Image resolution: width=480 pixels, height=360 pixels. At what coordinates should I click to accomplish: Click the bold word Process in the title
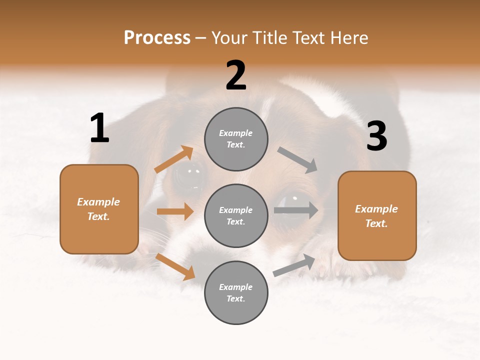(157, 37)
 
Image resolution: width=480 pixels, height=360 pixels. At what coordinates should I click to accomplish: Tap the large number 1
(99, 128)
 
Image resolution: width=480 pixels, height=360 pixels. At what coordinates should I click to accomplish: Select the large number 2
(236, 75)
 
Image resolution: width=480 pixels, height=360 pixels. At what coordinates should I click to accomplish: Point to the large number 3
(376, 136)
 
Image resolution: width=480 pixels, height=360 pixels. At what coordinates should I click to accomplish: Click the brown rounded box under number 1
(99, 209)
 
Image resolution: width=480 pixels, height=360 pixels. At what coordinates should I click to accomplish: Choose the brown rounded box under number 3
(377, 216)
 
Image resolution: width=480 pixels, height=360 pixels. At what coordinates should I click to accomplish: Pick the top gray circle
(236, 139)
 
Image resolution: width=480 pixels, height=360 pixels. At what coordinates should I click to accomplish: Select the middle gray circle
(236, 216)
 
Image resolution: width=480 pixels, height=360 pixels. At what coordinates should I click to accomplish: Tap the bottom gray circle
(236, 293)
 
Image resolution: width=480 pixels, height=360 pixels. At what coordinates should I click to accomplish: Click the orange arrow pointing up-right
(173, 159)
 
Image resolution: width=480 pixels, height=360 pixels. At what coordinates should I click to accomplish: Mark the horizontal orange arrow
(175, 211)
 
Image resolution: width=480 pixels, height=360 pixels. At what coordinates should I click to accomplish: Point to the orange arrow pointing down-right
(175, 266)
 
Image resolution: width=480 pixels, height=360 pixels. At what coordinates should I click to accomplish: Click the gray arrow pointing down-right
(297, 160)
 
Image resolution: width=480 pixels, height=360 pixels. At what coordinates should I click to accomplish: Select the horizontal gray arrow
(295, 210)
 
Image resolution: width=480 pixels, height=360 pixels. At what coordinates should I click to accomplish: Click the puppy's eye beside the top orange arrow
(190, 174)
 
